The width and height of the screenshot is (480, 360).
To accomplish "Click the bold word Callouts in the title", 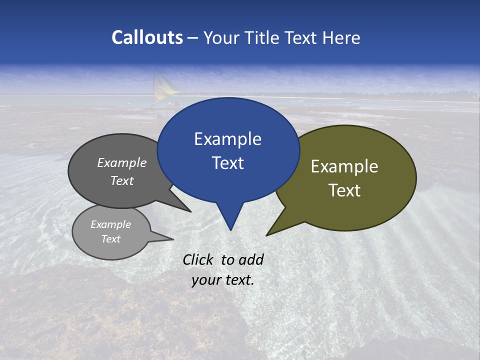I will pos(147,37).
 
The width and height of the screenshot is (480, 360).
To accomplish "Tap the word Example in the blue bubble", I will pos(227,139).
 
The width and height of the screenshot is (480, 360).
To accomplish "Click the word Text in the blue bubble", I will pos(227,163).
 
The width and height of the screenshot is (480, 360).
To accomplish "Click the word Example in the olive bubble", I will pos(344,166).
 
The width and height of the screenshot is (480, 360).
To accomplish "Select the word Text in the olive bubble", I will pos(344,190).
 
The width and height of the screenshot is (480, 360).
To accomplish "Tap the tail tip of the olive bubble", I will pos(267,235).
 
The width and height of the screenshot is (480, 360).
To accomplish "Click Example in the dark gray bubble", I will pos(121,162).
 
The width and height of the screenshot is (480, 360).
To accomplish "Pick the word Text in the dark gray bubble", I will pos(121,180).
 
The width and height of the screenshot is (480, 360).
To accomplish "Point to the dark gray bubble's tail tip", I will pos(190,211).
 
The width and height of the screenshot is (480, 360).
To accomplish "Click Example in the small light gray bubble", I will pos(110,224).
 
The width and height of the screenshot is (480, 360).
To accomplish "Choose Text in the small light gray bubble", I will pos(110,239).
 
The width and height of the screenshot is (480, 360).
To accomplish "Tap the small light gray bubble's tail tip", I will pos(173,239).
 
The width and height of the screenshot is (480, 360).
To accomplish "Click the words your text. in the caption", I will pos(222,280).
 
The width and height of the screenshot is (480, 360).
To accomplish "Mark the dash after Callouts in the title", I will pos(192,38).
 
